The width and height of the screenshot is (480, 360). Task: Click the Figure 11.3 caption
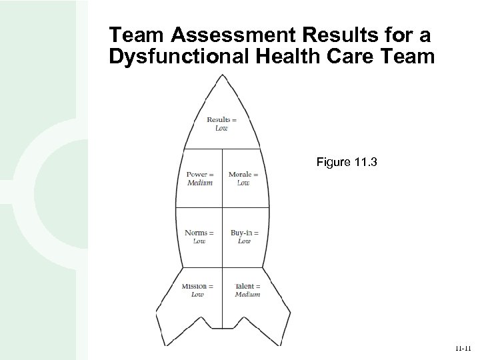click(x=347, y=161)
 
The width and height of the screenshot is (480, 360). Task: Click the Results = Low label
click(x=221, y=124)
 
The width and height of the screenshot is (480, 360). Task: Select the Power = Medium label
click(x=199, y=179)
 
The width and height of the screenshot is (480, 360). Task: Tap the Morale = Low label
click(x=243, y=179)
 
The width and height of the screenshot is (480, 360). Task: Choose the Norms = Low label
click(x=199, y=237)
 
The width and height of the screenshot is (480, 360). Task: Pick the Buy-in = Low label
click(x=244, y=237)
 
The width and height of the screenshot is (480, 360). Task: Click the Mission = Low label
click(x=197, y=291)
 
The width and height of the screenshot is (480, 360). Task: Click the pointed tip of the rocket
click(x=223, y=75)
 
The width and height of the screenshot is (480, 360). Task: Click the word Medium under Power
click(x=199, y=183)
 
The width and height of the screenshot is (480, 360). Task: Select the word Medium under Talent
click(x=247, y=295)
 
